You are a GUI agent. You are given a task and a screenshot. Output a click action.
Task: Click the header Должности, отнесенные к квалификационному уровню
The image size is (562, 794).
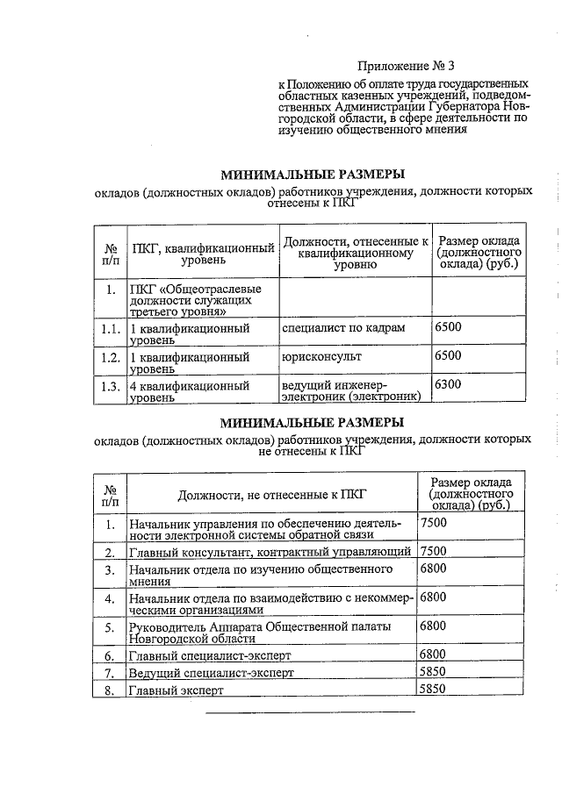pos(355,253)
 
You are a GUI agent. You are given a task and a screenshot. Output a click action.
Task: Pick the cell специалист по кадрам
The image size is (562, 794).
pos(343,327)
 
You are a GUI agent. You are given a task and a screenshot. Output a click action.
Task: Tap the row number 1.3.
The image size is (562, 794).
pos(109,387)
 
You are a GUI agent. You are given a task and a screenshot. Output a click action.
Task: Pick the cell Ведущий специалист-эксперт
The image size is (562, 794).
pos(211,672)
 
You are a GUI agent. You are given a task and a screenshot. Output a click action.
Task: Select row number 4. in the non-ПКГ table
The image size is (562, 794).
pos(110,599)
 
